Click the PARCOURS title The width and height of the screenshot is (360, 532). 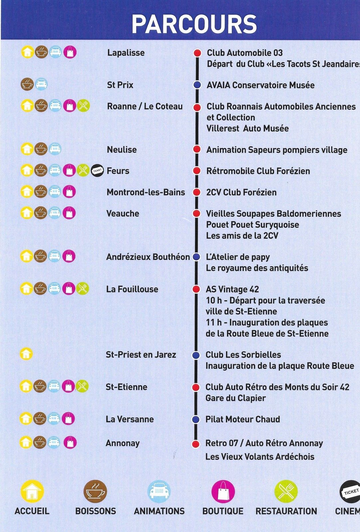[x=194, y=24]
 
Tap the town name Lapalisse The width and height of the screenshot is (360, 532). [x=126, y=53]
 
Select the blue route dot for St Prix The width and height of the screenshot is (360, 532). [x=197, y=85]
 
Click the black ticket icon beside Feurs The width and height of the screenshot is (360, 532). [x=97, y=170]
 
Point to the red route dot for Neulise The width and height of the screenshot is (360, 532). [x=197, y=149]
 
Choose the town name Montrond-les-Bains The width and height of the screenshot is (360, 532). [x=146, y=192]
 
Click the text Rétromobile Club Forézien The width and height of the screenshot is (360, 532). [x=258, y=171]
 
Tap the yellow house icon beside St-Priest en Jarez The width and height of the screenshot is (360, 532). [x=26, y=354]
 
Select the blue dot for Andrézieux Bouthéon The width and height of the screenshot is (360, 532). [x=196, y=256]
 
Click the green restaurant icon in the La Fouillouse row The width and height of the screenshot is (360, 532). [x=83, y=288]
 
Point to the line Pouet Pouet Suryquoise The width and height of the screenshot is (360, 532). [x=253, y=224]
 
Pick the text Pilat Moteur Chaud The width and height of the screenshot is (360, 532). [x=243, y=419]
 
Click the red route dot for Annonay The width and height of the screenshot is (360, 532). [x=196, y=444]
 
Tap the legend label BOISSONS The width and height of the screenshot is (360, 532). [x=95, y=511]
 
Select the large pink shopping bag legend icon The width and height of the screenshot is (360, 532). [x=223, y=491]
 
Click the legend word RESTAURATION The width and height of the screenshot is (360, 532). [x=286, y=511]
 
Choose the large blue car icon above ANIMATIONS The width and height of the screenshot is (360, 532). [x=159, y=491]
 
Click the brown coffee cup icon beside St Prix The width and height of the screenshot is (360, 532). [x=27, y=84]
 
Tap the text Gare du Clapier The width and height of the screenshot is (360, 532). [x=236, y=398]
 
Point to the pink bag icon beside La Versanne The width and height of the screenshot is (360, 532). [x=68, y=419]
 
